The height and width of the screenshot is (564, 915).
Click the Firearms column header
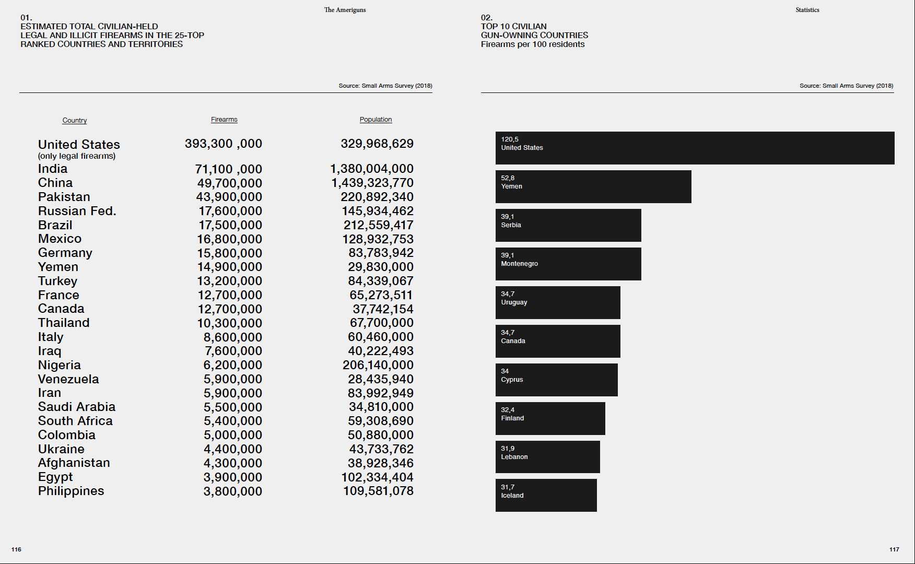point(224,120)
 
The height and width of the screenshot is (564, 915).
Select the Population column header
point(376,120)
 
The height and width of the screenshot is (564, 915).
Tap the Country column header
point(75,121)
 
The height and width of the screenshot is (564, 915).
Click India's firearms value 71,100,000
point(228,169)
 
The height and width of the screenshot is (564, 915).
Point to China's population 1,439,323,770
point(372,183)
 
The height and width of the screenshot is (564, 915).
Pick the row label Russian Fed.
point(77,211)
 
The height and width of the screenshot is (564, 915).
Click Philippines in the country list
point(71,491)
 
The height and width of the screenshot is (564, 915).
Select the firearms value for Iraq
point(233,351)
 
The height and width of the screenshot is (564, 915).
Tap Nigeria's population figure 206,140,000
point(378,365)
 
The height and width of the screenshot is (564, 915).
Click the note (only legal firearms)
point(77,156)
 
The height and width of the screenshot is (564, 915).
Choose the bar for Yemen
point(593,186)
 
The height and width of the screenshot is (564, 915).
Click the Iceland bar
point(546,495)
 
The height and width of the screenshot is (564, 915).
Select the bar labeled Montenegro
point(568,264)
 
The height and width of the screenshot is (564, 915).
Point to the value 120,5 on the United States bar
point(510,139)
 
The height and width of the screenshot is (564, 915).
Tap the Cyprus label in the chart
point(512,380)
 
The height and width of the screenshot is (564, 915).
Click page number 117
point(894,549)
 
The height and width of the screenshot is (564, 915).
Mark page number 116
point(16,549)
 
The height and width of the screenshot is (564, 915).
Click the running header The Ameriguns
point(345,10)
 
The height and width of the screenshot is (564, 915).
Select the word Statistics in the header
point(807,10)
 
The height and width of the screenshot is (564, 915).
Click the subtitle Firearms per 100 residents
point(533,44)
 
